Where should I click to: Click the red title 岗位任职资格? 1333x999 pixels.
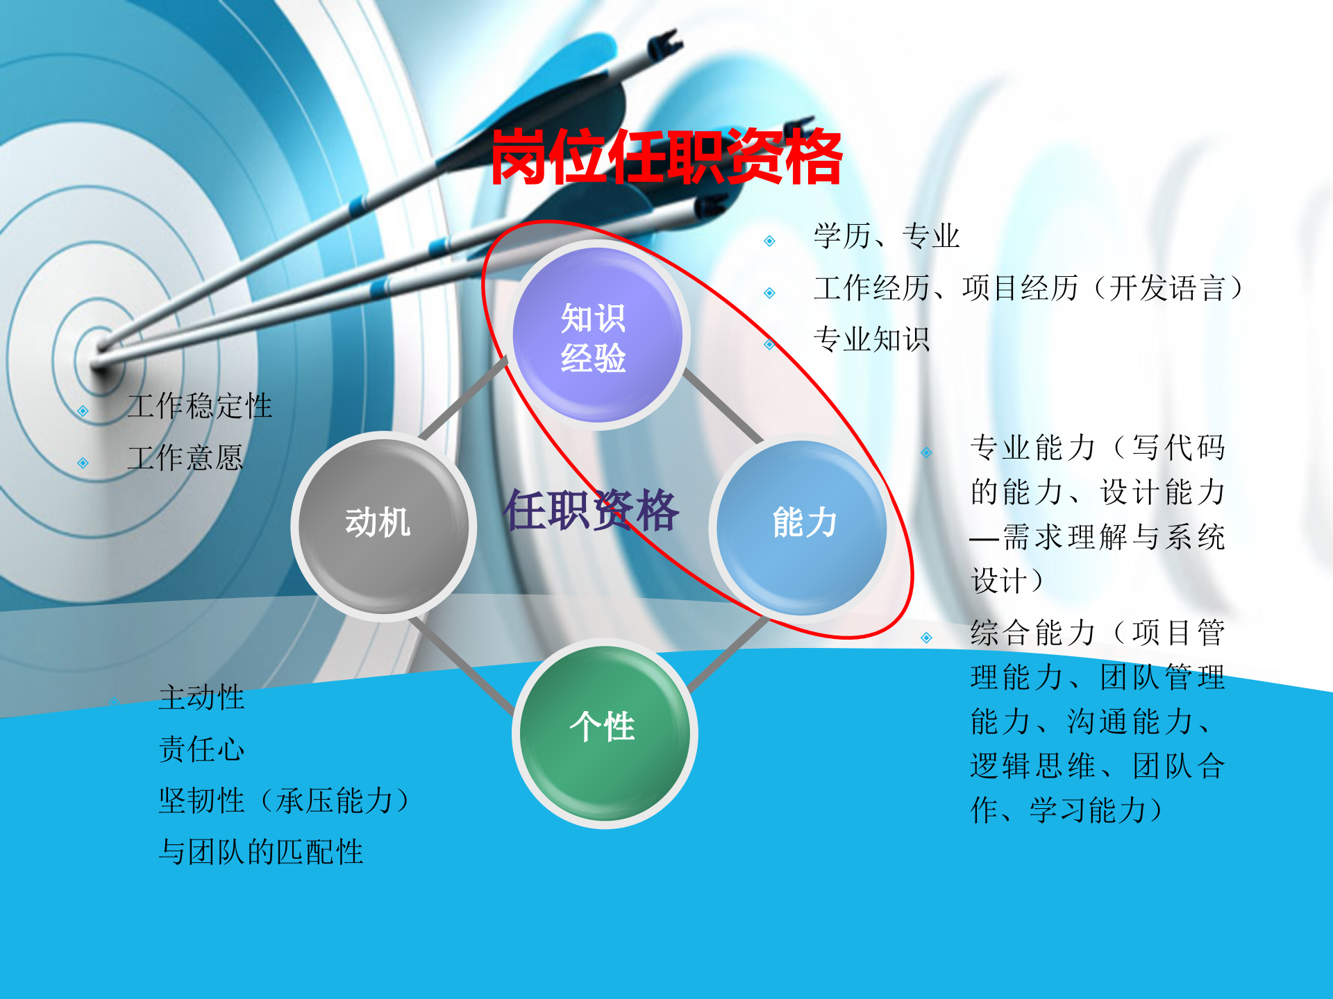tap(666, 157)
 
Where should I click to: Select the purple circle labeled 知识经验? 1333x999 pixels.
tap(596, 336)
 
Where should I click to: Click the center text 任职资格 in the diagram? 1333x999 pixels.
tap(591, 511)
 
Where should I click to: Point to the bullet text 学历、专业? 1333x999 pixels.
tap(887, 237)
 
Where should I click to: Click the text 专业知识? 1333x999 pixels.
tap(871, 340)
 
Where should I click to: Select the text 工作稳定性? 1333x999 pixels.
tap(200, 406)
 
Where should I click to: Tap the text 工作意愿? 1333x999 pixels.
tap(185, 458)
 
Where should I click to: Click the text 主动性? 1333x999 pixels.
tap(202, 697)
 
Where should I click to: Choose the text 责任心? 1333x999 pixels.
tap(202, 749)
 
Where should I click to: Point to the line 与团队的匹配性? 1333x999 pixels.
tap(261, 852)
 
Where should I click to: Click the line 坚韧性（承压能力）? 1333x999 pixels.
tap(285, 801)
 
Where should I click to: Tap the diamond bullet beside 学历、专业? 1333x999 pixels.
tap(769, 241)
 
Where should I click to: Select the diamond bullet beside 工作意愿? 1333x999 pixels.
tap(83, 463)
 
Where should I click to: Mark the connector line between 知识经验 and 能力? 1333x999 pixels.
tap(723, 407)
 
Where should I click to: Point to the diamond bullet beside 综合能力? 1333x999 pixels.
tap(926, 638)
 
